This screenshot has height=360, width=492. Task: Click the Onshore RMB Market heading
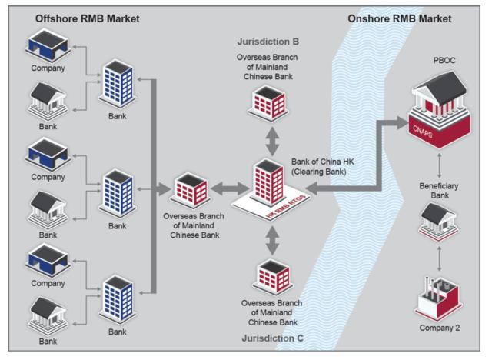click(400, 18)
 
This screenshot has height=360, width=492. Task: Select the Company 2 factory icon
click(437, 296)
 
